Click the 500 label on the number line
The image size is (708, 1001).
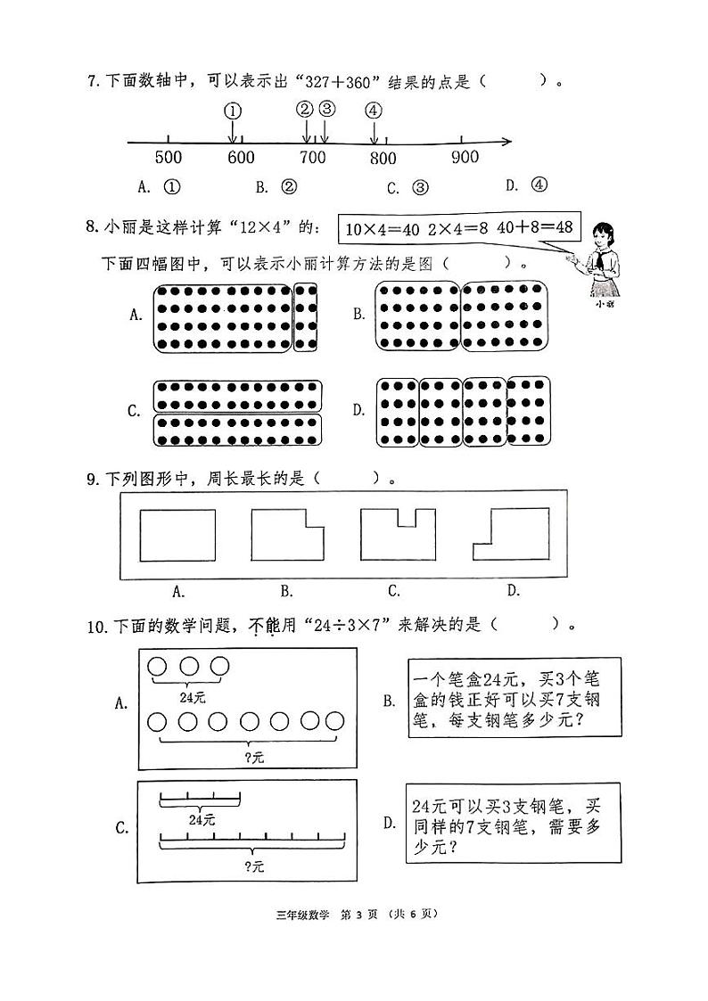(169, 159)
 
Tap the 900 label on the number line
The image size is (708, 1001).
(465, 158)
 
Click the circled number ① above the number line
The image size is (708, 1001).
(232, 111)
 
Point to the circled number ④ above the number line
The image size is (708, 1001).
(374, 111)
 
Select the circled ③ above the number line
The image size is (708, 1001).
(326, 109)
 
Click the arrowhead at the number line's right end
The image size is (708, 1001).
(506, 141)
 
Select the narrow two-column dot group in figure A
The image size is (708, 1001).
(305, 317)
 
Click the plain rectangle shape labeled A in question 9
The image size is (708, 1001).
(178, 536)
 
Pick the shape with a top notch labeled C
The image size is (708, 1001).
(398, 535)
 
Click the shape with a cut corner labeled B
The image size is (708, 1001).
(287, 536)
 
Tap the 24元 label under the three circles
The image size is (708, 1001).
(189, 697)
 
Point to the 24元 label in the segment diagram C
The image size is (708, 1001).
(202, 817)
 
